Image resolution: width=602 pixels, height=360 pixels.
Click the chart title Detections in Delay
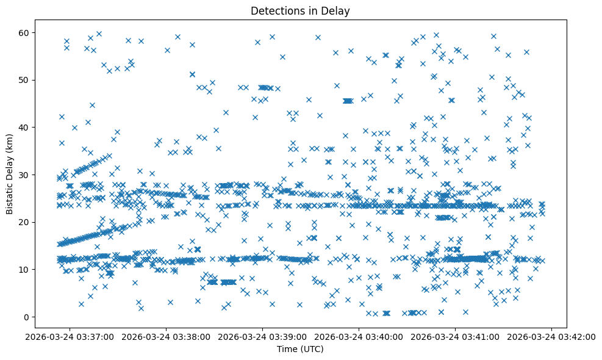(300, 10)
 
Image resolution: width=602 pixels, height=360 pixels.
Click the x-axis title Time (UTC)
(300, 350)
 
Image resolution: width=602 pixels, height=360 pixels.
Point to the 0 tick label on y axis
(26, 317)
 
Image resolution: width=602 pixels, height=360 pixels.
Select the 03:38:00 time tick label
(166, 336)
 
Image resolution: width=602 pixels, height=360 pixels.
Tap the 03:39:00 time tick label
(263, 336)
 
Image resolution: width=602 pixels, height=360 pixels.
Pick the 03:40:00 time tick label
(359, 336)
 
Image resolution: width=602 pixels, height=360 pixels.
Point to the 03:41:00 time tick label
(456, 336)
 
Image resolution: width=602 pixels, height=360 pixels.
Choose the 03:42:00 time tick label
(553, 336)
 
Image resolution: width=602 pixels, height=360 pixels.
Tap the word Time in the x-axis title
(287, 350)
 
